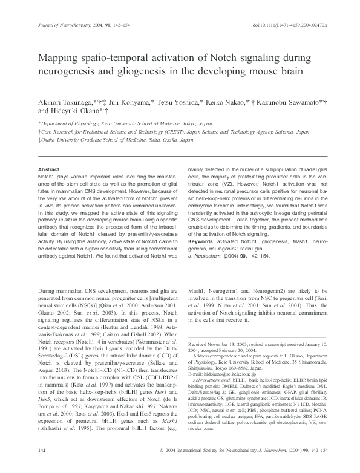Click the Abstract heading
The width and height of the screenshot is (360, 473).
pyautogui.click(x=48, y=169)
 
